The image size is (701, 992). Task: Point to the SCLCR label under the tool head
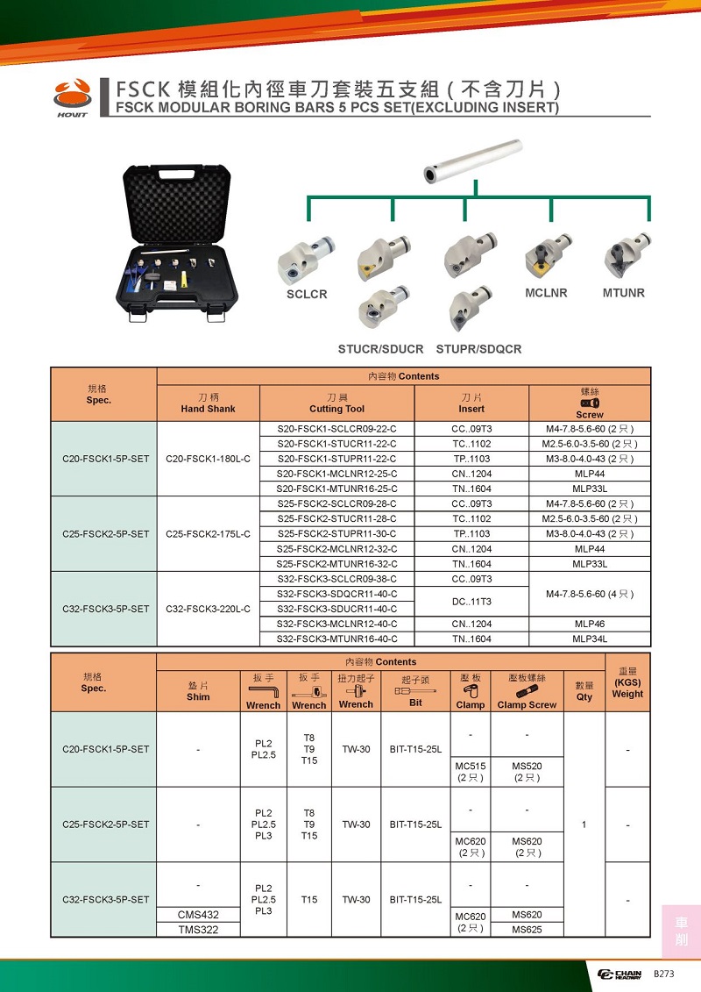[307, 294]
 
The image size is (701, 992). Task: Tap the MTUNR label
[623, 292]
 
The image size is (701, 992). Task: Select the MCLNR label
[547, 292]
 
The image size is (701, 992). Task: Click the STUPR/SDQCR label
[478, 349]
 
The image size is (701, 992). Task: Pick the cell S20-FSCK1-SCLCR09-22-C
[337, 429]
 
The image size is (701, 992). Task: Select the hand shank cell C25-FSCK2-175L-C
[209, 533]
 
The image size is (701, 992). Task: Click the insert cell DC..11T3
[471, 601]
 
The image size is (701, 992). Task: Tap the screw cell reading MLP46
[590, 624]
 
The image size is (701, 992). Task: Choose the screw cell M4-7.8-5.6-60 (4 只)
[590, 594]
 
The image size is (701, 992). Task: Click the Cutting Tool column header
[337, 403]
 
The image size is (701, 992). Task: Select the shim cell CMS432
[198, 914]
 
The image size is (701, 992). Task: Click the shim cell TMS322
[198, 929]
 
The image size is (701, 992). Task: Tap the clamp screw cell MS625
[527, 929]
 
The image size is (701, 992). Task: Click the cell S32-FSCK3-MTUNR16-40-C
[337, 639]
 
